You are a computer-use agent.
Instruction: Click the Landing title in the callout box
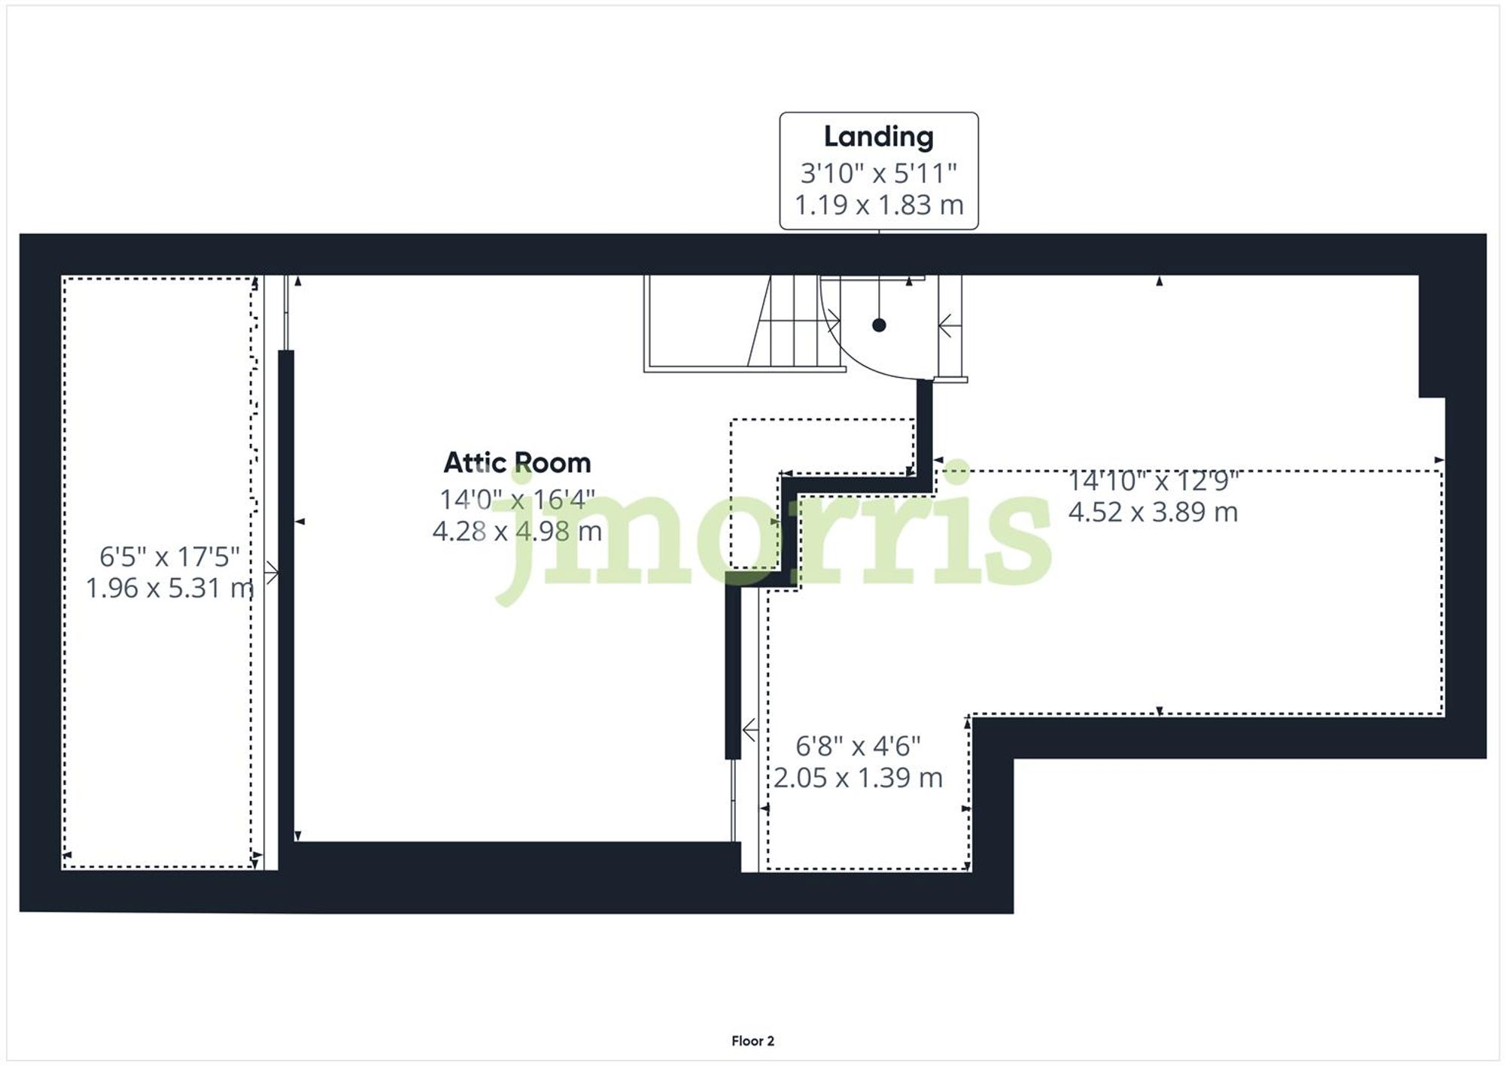point(878,137)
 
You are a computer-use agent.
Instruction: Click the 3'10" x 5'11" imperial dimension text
point(878,173)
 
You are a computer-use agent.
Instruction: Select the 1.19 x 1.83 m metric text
point(878,205)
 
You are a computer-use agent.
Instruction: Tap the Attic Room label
point(517,463)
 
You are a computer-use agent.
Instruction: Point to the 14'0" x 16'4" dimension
point(517,499)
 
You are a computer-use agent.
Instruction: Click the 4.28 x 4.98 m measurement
point(517,531)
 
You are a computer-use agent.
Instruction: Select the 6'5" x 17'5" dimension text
point(169,557)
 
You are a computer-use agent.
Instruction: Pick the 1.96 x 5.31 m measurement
point(169,588)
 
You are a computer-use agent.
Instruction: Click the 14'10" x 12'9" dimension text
point(1153,480)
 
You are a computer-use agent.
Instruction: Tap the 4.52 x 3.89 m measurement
point(1153,512)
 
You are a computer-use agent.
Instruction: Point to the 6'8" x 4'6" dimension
point(858,746)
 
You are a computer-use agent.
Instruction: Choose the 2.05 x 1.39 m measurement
point(858,777)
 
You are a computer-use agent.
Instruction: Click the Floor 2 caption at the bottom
point(752,1041)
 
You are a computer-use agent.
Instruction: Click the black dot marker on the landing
point(879,325)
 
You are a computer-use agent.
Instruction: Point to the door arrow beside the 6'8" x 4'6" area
point(749,729)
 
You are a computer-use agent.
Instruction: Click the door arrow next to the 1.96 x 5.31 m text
point(272,573)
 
